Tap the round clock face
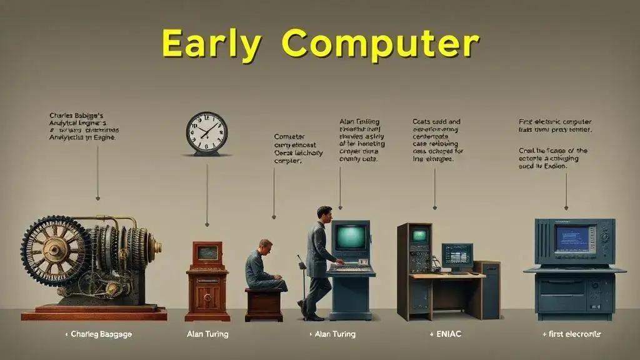206,132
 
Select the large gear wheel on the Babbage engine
55,251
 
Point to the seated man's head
265,246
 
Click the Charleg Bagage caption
99,334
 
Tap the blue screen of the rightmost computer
572,238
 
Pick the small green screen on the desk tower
419,236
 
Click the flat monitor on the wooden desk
457,255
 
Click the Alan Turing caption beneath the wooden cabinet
207,334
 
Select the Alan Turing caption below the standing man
334,334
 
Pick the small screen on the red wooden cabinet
207,253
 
